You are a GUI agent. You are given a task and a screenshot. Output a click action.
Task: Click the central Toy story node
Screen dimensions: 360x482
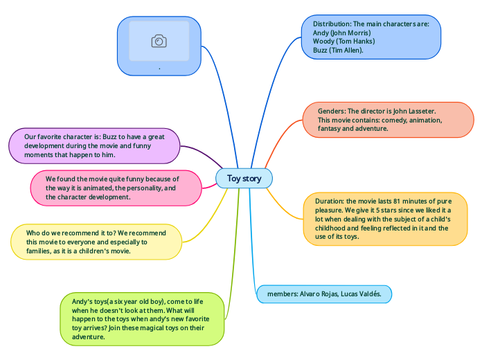click(244, 179)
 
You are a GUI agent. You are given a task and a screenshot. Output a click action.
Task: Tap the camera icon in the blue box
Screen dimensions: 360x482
click(159, 42)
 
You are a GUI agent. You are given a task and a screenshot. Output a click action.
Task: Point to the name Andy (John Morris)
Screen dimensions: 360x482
click(342, 33)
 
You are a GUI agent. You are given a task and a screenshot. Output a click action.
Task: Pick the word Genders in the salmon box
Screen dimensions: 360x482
click(331, 111)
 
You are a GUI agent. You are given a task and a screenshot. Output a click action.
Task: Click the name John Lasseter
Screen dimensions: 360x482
click(414, 111)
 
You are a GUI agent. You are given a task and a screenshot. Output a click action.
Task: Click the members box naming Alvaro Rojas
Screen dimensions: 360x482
click(324, 294)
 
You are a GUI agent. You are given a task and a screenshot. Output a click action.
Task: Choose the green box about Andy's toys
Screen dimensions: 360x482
click(142, 318)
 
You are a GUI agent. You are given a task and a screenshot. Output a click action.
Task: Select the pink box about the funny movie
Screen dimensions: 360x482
click(114, 188)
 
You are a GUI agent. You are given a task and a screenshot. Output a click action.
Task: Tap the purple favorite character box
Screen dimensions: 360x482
click(94, 145)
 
